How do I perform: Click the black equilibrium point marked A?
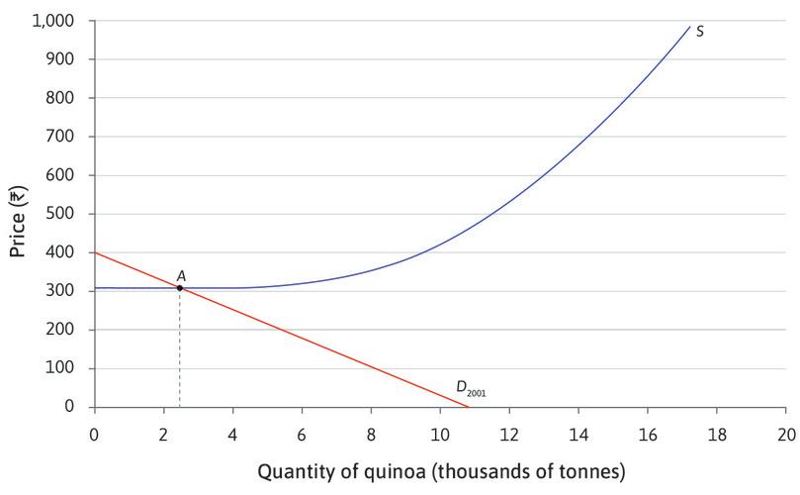click(179, 288)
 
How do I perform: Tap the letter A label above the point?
click(181, 275)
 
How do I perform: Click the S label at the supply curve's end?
click(700, 32)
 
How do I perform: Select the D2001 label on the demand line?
click(470, 389)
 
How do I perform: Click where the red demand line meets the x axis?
click(468, 407)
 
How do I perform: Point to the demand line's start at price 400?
click(95, 252)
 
